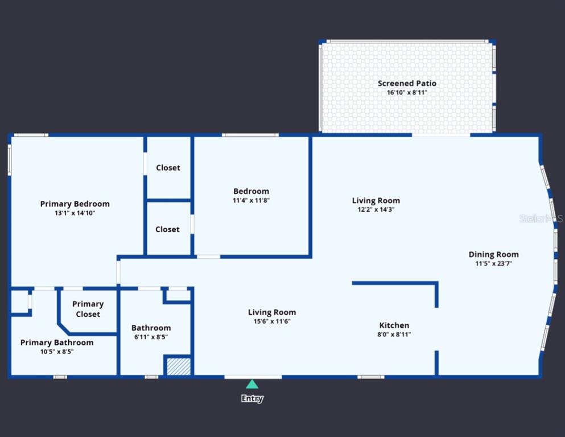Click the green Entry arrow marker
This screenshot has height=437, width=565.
click(252, 385)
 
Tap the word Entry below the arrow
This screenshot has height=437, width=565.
click(252, 398)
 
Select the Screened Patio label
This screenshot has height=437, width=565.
click(407, 83)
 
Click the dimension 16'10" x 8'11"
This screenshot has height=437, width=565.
click(407, 93)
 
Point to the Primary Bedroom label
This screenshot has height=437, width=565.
click(75, 204)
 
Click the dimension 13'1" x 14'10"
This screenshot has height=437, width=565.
click(75, 213)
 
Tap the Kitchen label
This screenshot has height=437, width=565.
click(394, 325)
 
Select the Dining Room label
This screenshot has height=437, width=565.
click(494, 254)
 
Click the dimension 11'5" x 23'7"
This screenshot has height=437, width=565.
click(494, 263)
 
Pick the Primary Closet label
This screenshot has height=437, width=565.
click(88, 309)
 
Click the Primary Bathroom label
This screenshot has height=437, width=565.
click(57, 343)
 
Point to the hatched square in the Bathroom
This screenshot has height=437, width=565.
click(179, 366)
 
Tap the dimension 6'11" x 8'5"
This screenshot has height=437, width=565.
click(151, 337)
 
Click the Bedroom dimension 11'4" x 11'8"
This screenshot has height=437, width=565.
click(251, 201)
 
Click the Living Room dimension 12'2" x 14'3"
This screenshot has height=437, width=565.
click(376, 209)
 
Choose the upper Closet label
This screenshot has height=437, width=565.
click(168, 168)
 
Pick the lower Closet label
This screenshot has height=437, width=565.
click(167, 229)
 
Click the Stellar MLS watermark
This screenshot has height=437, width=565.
click(541, 218)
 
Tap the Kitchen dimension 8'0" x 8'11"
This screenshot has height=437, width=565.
click(394, 335)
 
